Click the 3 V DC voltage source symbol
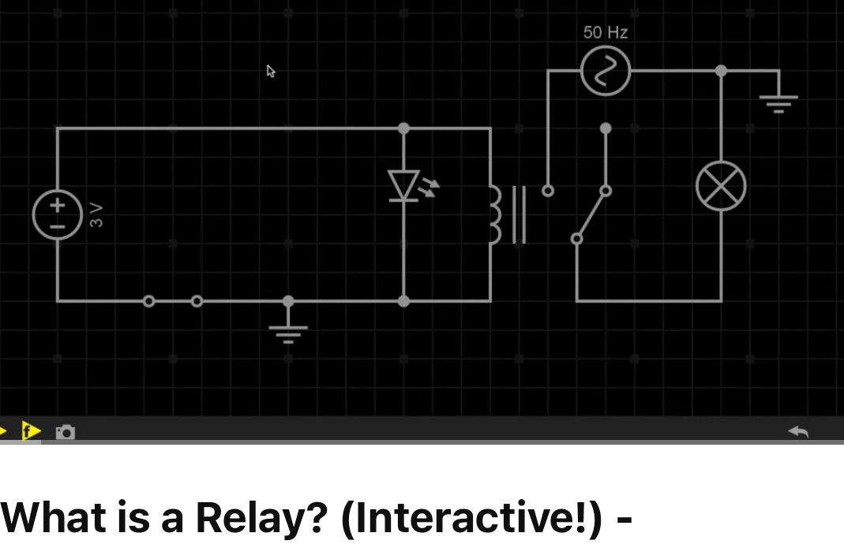point(58,214)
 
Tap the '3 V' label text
point(96,214)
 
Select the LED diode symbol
point(404,186)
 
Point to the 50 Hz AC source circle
point(606,71)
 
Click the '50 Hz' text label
point(606,32)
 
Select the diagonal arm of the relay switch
point(591,214)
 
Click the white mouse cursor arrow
point(271,72)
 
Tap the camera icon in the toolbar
point(66,431)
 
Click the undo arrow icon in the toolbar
point(798,431)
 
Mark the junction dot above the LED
point(404,128)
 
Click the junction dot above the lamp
point(721,71)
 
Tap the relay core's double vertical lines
point(519,214)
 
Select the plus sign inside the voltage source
point(58,204)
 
